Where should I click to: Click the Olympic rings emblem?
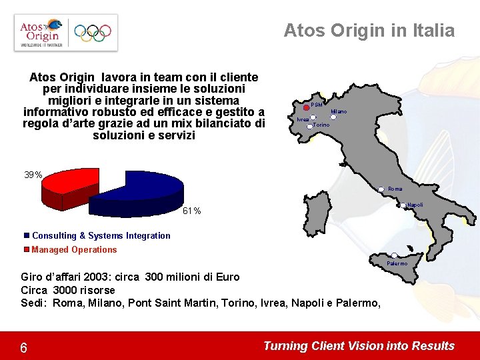click(93, 32)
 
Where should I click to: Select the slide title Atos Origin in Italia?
click(369, 31)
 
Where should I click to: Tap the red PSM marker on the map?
click(306, 106)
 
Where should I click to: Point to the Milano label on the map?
click(339, 111)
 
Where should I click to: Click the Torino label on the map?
click(321, 125)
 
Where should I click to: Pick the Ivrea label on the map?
click(303, 119)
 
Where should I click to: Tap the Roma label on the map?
click(395, 189)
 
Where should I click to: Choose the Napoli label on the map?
click(415, 205)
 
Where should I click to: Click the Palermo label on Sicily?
click(397, 263)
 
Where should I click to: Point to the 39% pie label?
click(33, 175)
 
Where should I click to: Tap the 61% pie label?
click(191, 211)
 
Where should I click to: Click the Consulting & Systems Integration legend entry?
click(101, 235)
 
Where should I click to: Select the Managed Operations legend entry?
click(74, 249)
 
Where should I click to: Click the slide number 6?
click(23, 348)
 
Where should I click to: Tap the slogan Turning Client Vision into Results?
click(359, 346)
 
